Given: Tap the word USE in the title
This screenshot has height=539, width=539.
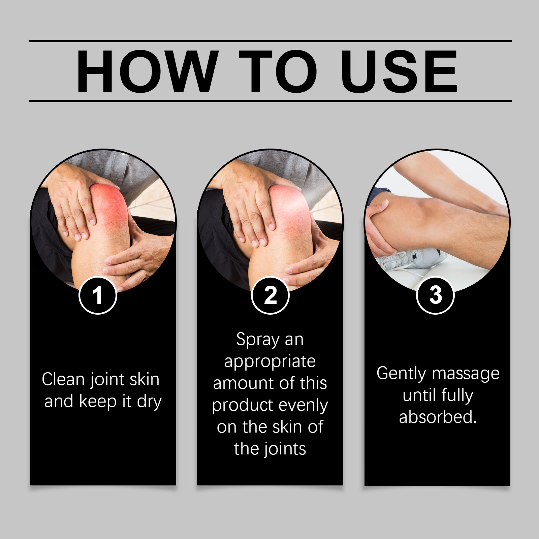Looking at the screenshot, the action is (399, 71).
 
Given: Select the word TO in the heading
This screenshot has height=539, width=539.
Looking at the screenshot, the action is (278, 71).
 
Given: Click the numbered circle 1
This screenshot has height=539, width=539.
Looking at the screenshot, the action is (98, 295).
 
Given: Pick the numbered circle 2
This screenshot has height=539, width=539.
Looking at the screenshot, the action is (270, 295).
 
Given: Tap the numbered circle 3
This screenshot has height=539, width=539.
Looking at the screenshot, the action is (436, 295).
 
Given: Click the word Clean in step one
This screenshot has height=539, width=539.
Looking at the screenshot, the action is (63, 379).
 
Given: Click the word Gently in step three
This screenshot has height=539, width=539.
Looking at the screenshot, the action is (402, 374).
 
